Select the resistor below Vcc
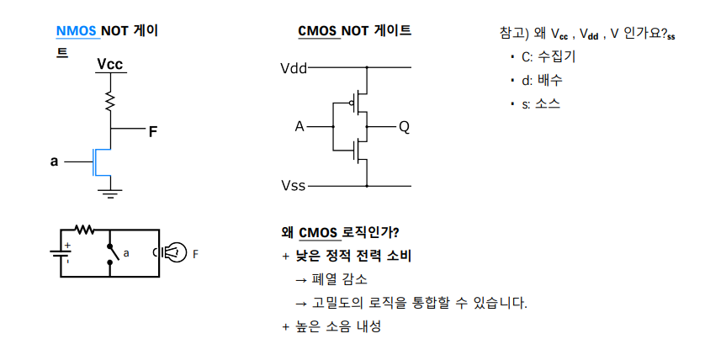point(110,101)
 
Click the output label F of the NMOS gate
point(152,131)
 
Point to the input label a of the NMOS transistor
point(55,160)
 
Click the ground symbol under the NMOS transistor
point(110,193)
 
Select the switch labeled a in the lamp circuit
point(111,251)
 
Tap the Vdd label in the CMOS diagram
point(294,67)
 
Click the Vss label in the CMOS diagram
point(294,185)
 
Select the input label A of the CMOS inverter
point(299,127)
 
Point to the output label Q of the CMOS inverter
point(404,127)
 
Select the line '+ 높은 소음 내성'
point(331,326)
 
